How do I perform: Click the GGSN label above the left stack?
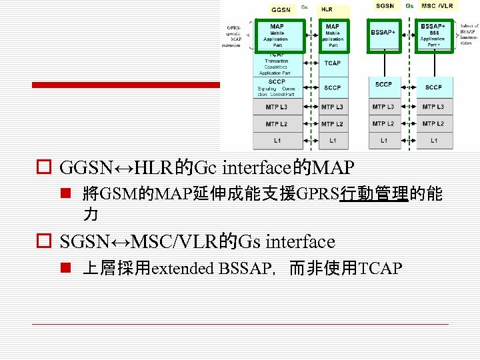(x=281, y=10)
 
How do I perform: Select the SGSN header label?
(x=385, y=6)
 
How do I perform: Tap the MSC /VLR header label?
(x=437, y=6)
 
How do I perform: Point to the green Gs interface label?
(x=409, y=6)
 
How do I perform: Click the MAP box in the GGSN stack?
(x=277, y=36)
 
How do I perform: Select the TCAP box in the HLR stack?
(x=332, y=63)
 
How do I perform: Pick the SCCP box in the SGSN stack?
(x=383, y=85)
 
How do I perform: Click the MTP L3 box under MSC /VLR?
(x=433, y=107)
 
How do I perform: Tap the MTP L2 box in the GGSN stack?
(x=277, y=124)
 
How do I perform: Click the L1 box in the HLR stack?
(x=332, y=141)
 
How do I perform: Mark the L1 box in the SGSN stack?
(x=383, y=141)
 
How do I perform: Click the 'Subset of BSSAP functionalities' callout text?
(x=469, y=35)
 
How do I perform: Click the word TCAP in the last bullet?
(x=380, y=269)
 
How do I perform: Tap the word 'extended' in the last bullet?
(x=182, y=269)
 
